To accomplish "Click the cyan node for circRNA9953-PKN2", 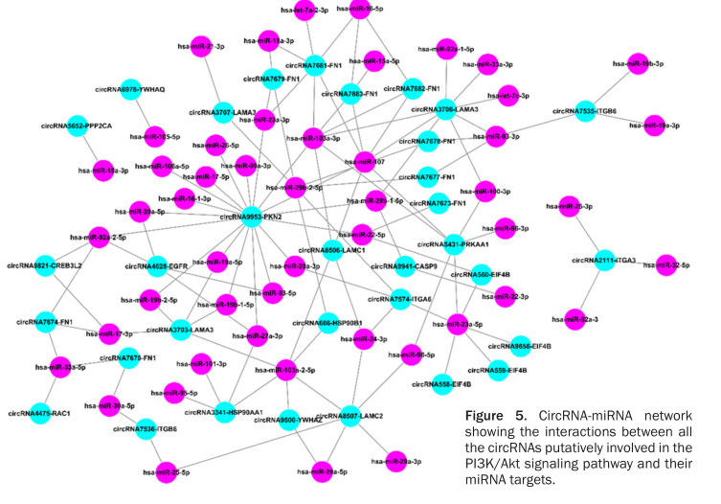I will (251, 218).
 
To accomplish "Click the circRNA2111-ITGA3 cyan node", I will (603, 260).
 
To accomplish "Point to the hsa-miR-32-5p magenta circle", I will (663, 265).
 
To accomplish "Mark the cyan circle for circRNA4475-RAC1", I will (40, 414).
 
